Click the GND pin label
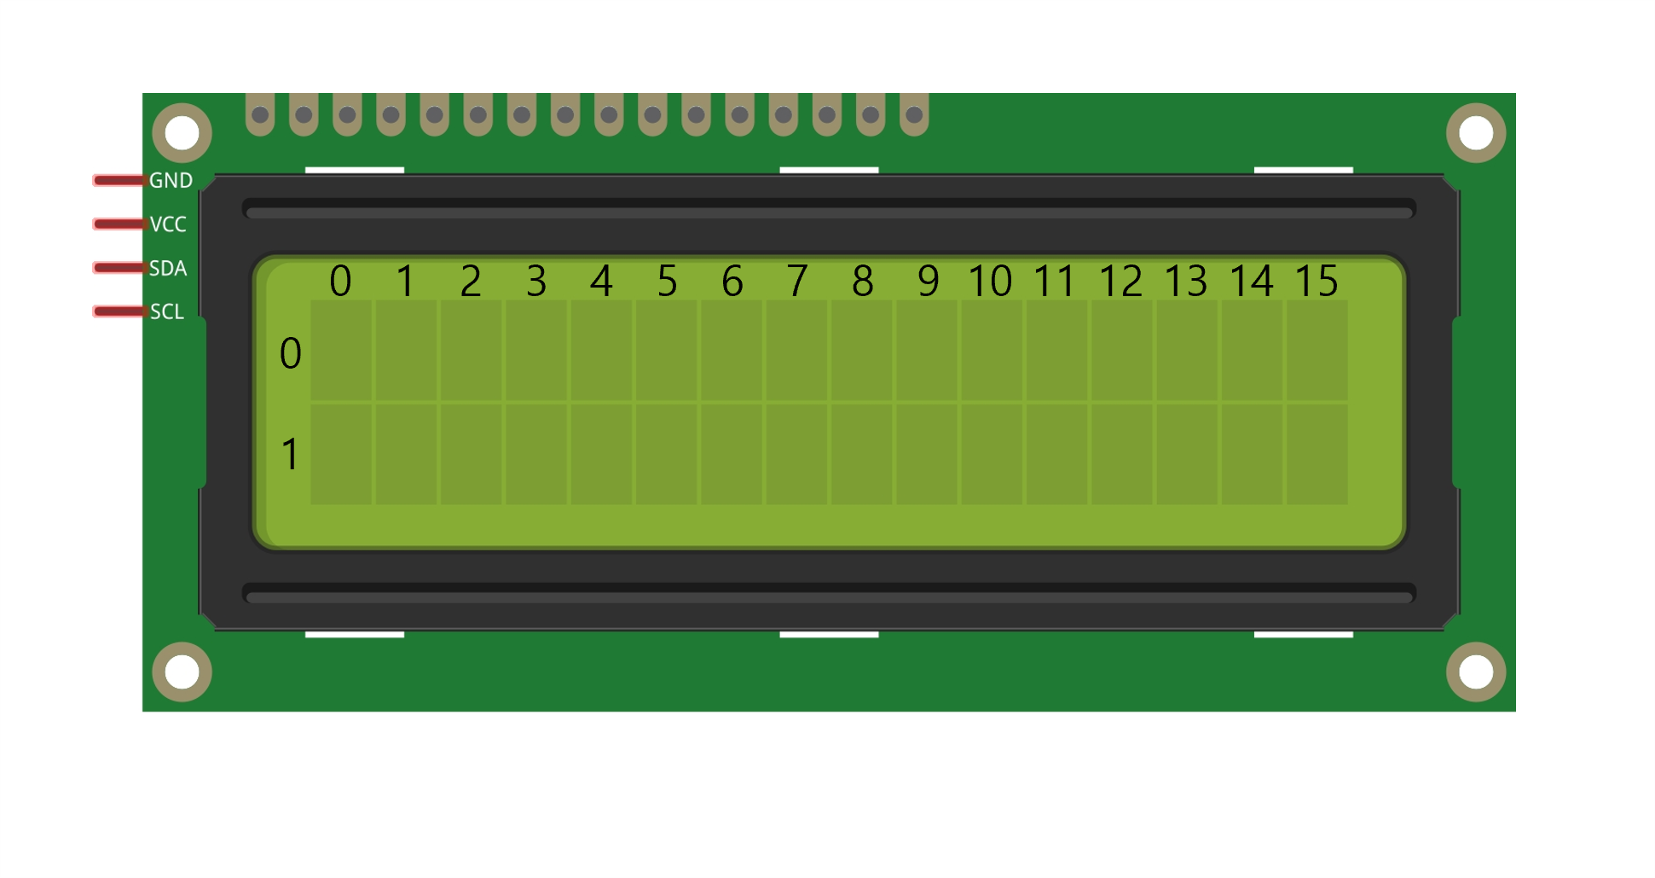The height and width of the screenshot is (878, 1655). click(x=171, y=181)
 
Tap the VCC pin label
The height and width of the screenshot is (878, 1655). click(x=168, y=224)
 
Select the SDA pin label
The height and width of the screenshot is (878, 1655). click(x=167, y=269)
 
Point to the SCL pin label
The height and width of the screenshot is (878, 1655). click(x=167, y=312)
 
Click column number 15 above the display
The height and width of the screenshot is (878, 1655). click(x=1316, y=281)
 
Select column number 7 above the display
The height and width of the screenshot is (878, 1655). click(x=796, y=281)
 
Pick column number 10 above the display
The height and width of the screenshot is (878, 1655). click(x=990, y=281)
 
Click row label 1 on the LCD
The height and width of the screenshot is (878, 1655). click(x=290, y=454)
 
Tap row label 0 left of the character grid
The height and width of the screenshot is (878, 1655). click(x=290, y=353)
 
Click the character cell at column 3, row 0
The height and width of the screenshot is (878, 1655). click(x=536, y=350)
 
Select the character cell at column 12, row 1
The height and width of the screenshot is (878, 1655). click(x=1121, y=454)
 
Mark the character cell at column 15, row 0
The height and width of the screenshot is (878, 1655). click(x=1316, y=350)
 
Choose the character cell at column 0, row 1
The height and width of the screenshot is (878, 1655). click(x=341, y=454)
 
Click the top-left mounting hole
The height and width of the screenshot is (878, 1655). click(x=182, y=133)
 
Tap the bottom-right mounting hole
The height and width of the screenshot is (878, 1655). click(x=1476, y=672)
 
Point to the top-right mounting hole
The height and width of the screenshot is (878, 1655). click(x=1476, y=133)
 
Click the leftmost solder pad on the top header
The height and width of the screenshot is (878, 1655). click(x=260, y=115)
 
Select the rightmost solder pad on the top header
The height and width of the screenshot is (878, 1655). click(x=914, y=115)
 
